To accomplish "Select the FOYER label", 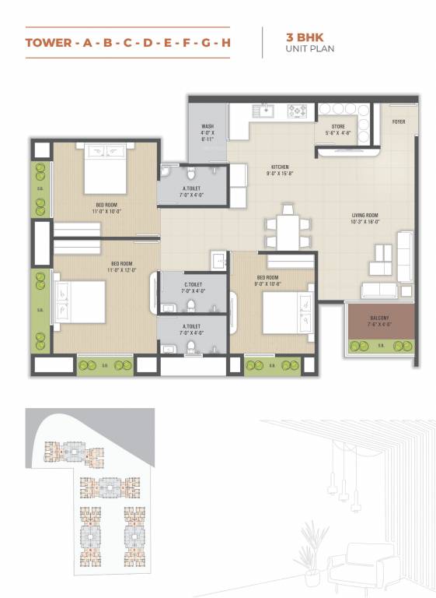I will [399, 121].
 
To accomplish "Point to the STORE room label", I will [338, 125].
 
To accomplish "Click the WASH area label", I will [208, 125].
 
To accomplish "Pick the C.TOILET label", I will [194, 285].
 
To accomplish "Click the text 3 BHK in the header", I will [300, 36].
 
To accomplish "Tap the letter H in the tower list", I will [226, 43].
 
